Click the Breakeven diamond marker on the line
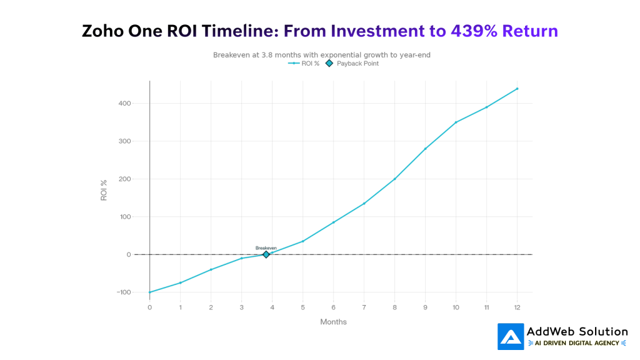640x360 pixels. point(266,254)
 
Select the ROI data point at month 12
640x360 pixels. point(517,89)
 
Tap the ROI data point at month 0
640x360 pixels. point(150,292)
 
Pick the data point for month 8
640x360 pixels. point(394,179)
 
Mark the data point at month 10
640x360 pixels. point(456,122)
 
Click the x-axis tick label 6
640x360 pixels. point(333,307)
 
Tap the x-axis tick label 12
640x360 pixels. point(517,307)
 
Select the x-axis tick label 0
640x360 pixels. point(150,307)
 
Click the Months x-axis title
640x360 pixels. point(333,322)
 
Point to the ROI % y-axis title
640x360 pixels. point(104,190)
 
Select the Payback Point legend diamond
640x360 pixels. point(329,64)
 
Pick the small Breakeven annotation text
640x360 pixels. point(266,248)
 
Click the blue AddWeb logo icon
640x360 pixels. point(511,336)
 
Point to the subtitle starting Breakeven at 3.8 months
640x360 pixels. point(321,55)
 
